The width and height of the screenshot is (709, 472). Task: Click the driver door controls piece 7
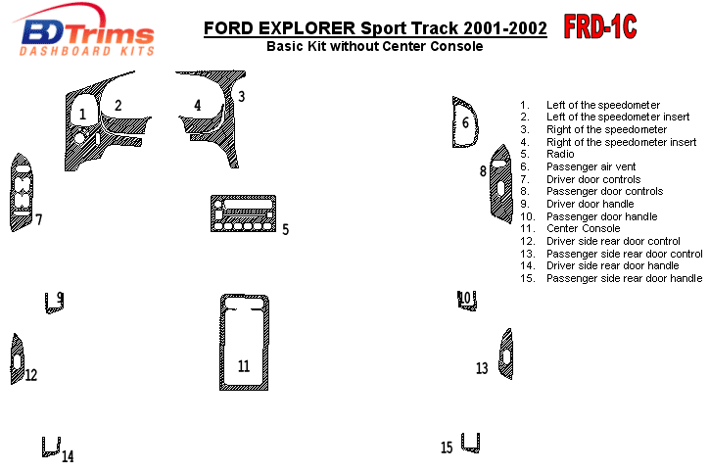click(21, 192)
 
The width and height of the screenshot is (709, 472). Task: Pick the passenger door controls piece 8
click(500, 186)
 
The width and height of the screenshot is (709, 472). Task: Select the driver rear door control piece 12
click(17, 358)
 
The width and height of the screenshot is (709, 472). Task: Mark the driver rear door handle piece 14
click(50, 448)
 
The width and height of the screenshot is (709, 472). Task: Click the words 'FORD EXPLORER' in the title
click(279, 28)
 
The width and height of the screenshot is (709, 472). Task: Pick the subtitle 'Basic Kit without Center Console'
click(374, 46)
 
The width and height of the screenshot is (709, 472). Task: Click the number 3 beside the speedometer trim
click(241, 96)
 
